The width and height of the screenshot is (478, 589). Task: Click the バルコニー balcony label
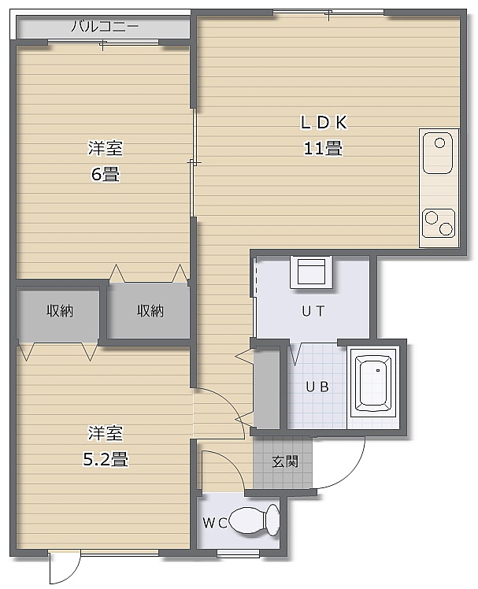(105, 27)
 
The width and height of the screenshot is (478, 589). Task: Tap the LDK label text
(324, 123)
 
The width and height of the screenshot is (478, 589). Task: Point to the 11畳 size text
(323, 148)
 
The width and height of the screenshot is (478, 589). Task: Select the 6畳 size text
(106, 174)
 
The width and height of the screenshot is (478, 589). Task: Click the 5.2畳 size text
(106, 459)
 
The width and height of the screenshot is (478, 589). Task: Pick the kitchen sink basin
(438, 153)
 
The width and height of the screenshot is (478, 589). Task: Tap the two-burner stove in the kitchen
(439, 223)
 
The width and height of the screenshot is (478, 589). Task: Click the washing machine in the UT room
(311, 272)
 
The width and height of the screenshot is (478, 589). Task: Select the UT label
(313, 311)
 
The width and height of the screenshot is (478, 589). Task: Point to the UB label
(317, 387)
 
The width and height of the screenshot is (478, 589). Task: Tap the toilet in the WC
(254, 520)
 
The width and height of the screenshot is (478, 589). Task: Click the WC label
(214, 523)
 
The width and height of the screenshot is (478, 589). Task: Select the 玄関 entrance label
(285, 461)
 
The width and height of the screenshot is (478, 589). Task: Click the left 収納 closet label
(60, 311)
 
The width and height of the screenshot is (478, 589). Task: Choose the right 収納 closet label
(150, 311)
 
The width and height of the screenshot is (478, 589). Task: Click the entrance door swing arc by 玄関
(351, 476)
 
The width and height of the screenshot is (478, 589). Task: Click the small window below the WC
(239, 553)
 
